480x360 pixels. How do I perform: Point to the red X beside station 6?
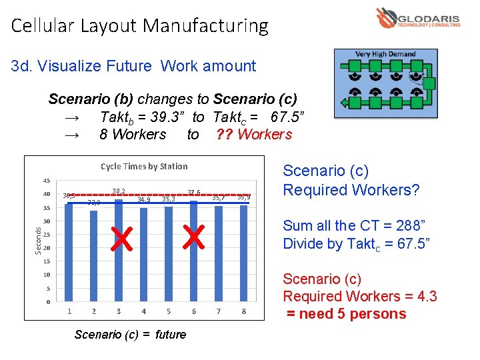(x=193, y=237)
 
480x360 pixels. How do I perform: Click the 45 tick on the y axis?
(x=46, y=181)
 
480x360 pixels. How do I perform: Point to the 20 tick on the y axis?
(x=46, y=248)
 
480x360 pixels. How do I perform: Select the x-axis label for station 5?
(x=169, y=311)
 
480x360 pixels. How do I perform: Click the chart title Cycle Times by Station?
(x=144, y=166)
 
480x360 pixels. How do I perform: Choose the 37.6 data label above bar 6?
(x=194, y=193)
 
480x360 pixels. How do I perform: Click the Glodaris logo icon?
(x=385, y=17)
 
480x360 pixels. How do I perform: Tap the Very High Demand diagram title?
(x=385, y=54)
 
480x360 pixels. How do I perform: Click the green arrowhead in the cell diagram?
(x=344, y=103)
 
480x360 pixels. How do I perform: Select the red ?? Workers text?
(x=254, y=134)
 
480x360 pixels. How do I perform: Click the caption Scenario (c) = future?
(x=130, y=334)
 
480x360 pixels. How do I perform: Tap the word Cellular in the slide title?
(x=43, y=26)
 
